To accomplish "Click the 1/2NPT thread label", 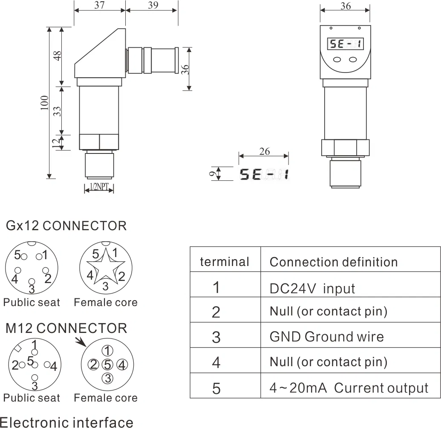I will pos(99,187).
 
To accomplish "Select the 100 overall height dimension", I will pos(44,103).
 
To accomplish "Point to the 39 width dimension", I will pos(152,5).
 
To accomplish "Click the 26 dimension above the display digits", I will pos(264,151).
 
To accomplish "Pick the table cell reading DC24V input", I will pos(312,288).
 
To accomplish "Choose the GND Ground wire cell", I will pos(326,337).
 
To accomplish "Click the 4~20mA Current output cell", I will pos(349,388).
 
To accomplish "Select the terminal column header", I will pos(225,261).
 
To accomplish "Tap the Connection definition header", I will pos(333,262).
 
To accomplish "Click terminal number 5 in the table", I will pos(216,389).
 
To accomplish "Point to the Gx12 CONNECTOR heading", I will pos(66,226).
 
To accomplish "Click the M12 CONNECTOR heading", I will pos(66,328).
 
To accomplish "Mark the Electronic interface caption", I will pos(67,422).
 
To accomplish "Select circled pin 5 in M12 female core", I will pos(108,364).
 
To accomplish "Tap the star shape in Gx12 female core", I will pos(105,268).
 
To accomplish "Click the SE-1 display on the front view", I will pos(345,43).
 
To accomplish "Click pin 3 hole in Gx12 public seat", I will pos(32,281).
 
